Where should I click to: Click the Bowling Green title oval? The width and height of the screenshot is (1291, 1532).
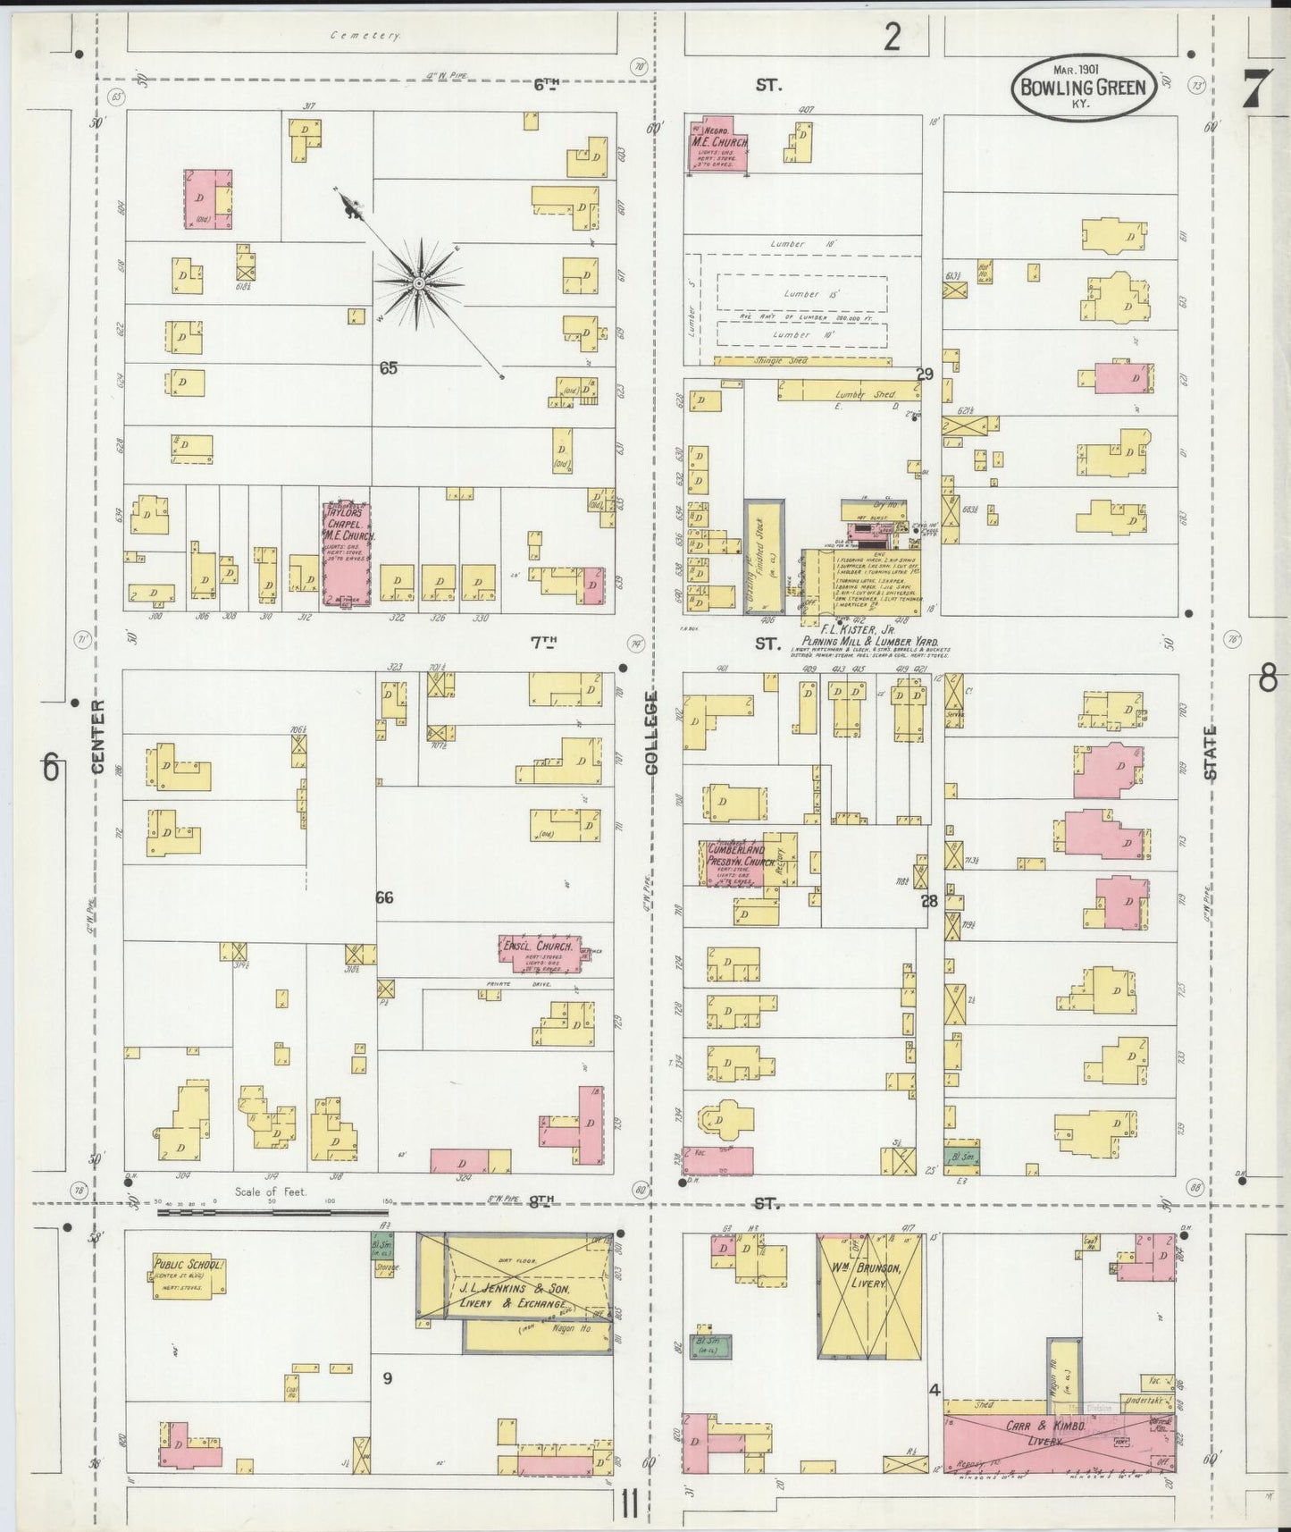1084,86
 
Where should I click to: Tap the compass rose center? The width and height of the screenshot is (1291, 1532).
418,283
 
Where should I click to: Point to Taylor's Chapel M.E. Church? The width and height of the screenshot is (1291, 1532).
347,554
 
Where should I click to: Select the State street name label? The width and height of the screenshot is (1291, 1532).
1211,753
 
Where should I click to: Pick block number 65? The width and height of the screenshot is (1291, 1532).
388,367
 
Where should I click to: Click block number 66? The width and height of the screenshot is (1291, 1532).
384,897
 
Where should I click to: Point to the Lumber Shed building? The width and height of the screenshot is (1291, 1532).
847,391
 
